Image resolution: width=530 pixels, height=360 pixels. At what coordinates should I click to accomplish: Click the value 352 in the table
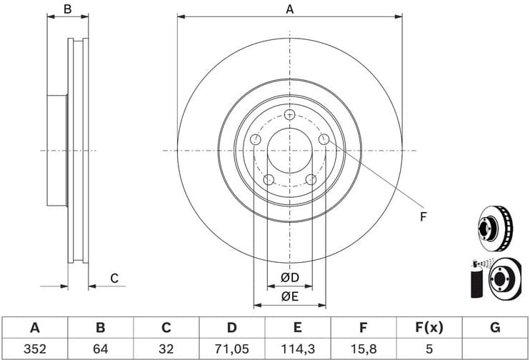pyautogui.click(x=34, y=349)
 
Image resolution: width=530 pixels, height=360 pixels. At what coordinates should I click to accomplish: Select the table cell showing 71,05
pyautogui.click(x=231, y=349)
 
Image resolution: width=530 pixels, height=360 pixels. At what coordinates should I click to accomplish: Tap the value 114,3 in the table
pyautogui.click(x=297, y=349)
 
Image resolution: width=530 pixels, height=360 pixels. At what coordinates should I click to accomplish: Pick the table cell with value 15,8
pyautogui.click(x=363, y=349)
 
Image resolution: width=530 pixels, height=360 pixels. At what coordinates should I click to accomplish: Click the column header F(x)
pyautogui.click(x=429, y=328)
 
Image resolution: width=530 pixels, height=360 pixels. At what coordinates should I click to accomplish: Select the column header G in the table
pyautogui.click(x=494, y=328)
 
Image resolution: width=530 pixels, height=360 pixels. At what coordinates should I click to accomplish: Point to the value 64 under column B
pyautogui.click(x=100, y=349)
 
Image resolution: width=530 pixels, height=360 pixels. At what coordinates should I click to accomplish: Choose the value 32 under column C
pyautogui.click(x=166, y=349)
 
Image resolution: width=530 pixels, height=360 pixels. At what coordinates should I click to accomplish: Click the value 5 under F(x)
pyautogui.click(x=429, y=349)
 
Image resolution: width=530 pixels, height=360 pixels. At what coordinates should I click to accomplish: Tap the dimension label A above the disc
pyautogui.click(x=289, y=9)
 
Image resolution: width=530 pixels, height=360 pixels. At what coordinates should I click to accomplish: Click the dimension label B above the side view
pyautogui.click(x=67, y=9)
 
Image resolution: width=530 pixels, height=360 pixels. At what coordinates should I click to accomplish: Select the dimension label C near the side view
pyautogui.click(x=113, y=278)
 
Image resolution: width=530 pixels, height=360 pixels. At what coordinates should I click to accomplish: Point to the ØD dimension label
pyautogui.click(x=289, y=277)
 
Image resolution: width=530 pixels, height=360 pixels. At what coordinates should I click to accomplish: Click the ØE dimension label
pyautogui.click(x=289, y=296)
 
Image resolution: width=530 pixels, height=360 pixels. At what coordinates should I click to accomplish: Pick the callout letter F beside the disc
pyautogui.click(x=422, y=216)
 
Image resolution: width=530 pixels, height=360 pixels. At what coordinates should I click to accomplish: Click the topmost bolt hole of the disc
pyautogui.click(x=289, y=115)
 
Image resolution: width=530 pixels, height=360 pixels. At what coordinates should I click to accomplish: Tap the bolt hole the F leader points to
pyautogui.click(x=324, y=139)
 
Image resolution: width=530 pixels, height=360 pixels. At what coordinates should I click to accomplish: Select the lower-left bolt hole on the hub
pyautogui.click(x=269, y=179)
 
